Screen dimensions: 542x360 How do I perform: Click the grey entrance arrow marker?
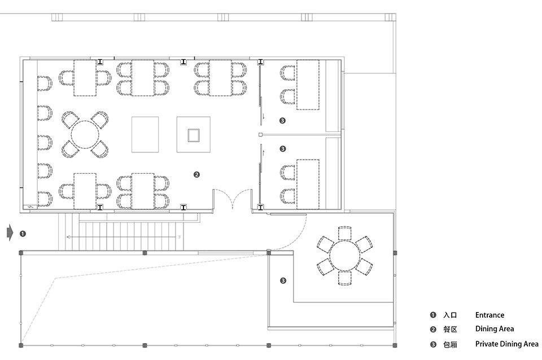click(x=10, y=233)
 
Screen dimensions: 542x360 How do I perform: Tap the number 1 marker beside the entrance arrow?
click(x=23, y=234)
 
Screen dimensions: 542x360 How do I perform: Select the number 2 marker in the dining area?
click(x=196, y=174)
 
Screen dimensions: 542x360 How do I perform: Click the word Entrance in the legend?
click(x=489, y=315)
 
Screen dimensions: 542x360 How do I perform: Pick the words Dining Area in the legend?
click(x=495, y=329)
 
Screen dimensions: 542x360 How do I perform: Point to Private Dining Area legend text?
click(x=507, y=344)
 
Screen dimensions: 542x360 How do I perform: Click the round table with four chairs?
click(x=85, y=134)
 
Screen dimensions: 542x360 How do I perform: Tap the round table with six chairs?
click(x=344, y=256)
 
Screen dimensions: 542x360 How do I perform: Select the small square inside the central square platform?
click(x=194, y=135)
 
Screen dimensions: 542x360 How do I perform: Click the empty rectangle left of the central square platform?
click(x=145, y=134)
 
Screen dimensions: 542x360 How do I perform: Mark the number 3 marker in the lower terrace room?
click(x=283, y=280)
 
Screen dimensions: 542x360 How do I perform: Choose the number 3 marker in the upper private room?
click(x=282, y=121)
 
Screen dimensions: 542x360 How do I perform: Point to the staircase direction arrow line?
click(x=124, y=237)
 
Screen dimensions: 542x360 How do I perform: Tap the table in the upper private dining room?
click(x=308, y=85)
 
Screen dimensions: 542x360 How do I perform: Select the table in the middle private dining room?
click(x=308, y=184)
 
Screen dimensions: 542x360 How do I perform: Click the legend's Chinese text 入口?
click(x=450, y=315)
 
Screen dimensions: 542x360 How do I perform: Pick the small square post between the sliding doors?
click(x=261, y=135)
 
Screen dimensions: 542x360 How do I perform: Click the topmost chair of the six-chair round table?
click(x=344, y=233)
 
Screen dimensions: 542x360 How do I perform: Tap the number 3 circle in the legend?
click(x=433, y=344)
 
